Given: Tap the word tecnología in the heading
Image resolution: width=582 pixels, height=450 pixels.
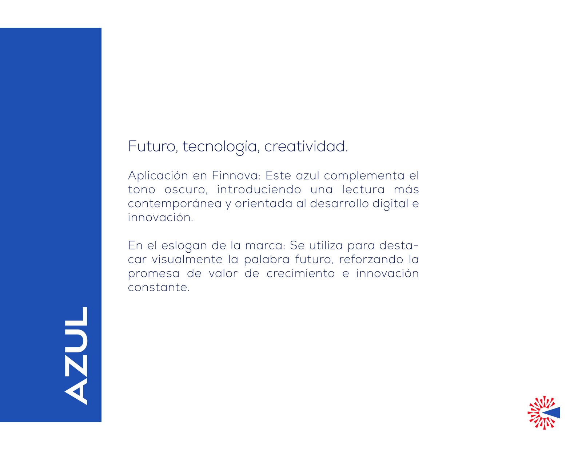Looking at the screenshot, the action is (x=220, y=147).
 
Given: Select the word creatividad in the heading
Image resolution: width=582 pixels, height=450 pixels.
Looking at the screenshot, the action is (x=306, y=146).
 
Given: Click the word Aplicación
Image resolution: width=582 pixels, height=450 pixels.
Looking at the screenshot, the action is (x=158, y=175).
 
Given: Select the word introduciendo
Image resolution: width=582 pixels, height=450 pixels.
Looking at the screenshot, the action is (x=259, y=189).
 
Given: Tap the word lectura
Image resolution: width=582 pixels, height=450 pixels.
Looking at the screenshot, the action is (x=363, y=189).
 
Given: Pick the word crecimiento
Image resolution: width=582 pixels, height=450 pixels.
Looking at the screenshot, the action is (x=301, y=274).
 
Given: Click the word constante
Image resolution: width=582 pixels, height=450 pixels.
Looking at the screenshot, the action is (x=159, y=288).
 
